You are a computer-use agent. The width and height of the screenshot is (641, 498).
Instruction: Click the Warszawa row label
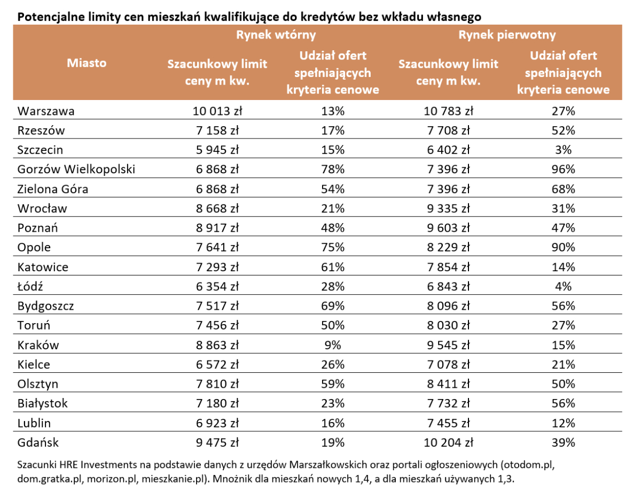46,111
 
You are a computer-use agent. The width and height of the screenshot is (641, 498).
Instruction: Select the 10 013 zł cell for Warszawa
217,111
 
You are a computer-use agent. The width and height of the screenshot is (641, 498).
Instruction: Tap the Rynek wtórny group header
276,35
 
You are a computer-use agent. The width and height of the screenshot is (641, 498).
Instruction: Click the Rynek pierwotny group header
507,35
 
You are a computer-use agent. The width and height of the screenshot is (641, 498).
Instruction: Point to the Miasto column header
87,63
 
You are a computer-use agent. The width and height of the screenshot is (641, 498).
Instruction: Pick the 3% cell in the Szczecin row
563,150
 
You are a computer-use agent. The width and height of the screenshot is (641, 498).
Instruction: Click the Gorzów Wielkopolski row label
76,169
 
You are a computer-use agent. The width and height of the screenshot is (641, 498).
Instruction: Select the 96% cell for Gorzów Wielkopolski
563,169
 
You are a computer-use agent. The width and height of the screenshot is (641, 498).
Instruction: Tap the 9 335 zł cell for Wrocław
448,209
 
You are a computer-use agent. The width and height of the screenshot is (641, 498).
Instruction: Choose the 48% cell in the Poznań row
332,228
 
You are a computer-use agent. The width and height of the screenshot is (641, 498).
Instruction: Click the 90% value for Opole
563,247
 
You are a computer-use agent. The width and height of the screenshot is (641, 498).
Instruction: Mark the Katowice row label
43,267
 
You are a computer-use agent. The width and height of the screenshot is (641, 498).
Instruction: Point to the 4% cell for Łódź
563,287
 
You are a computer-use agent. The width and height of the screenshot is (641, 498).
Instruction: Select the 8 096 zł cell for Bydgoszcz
448,306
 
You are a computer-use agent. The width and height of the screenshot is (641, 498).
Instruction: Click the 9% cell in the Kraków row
332,345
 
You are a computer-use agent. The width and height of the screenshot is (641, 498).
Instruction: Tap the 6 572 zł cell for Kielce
217,364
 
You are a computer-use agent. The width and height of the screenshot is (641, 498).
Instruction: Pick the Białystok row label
43,403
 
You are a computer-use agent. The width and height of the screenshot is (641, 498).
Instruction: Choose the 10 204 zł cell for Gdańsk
448,442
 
